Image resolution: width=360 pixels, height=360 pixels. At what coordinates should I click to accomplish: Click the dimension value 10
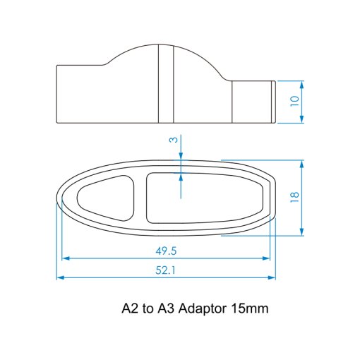[x=295, y=101]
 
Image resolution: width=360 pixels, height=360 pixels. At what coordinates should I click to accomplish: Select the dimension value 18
[x=295, y=197]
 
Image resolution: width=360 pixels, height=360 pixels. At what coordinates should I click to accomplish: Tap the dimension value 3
[x=174, y=140]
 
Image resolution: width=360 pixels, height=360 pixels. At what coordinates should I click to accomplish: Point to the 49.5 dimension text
[x=166, y=251]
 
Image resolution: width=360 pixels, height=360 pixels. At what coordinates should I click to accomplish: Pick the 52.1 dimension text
[x=165, y=270]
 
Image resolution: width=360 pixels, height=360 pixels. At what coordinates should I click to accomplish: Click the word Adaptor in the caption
[x=203, y=308]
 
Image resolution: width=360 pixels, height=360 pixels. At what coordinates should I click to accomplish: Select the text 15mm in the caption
[x=250, y=308]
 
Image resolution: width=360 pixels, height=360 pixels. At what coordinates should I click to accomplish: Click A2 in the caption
[x=130, y=308]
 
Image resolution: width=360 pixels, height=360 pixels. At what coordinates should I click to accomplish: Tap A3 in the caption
[x=166, y=308]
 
